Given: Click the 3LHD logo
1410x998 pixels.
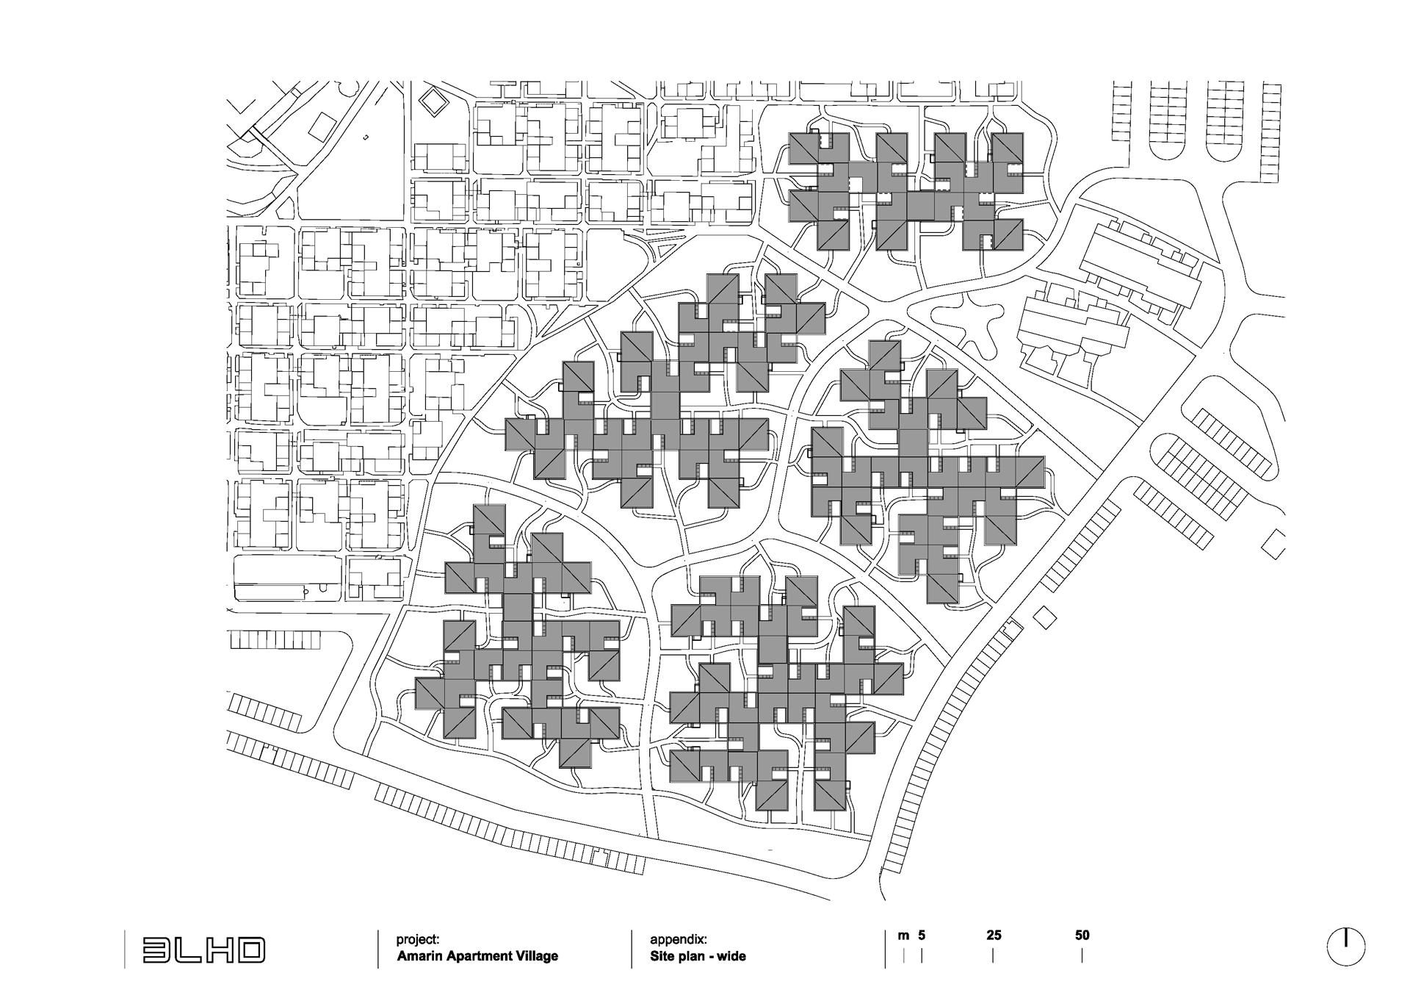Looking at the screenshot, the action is click(x=203, y=949).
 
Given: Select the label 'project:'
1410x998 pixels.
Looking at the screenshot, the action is click(x=418, y=939).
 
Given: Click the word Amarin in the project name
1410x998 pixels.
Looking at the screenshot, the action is click(x=421, y=956).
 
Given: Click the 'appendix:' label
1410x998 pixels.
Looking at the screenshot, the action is click(x=679, y=939).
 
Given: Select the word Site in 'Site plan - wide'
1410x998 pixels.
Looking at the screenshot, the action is click(x=661, y=956).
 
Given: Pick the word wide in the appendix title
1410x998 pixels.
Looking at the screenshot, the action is click(x=731, y=956).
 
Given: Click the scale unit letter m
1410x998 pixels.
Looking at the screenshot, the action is click(x=903, y=936).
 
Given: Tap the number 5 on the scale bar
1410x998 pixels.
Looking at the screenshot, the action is click(x=922, y=936).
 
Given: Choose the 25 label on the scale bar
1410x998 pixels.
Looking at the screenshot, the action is click(x=994, y=936).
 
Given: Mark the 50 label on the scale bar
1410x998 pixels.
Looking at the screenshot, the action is click(x=1082, y=936).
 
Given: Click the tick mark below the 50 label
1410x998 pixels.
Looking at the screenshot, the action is click(x=1082, y=955).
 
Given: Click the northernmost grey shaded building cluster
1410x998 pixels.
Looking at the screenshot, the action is click(x=906, y=191).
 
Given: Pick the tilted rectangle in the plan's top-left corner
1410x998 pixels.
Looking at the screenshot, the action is click(x=322, y=126).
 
